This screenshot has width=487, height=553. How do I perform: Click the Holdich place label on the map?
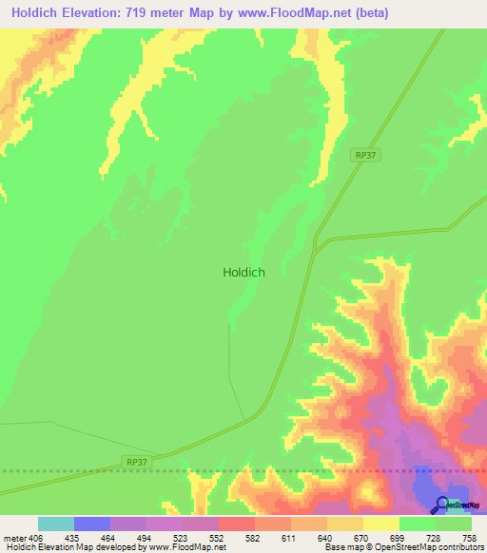pos(243,272)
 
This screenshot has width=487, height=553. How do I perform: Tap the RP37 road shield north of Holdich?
pos(364,155)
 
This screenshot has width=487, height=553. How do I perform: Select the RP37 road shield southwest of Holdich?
pos(137,462)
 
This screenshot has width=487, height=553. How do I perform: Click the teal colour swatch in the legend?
pos(56,524)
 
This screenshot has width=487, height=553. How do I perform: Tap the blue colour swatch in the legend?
pos(92,524)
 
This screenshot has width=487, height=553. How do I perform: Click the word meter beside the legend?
pos(11,536)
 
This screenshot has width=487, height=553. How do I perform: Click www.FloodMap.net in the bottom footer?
pos(186,547)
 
